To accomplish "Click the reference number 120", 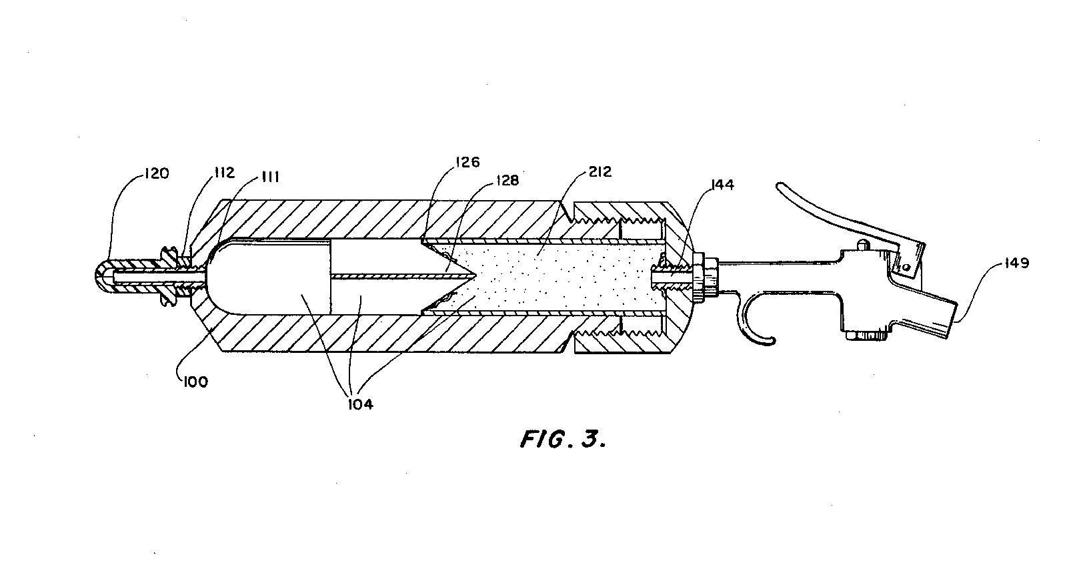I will pyautogui.click(x=155, y=174).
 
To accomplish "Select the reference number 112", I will pyautogui.click(x=224, y=173).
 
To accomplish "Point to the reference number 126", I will pyautogui.click(x=468, y=162).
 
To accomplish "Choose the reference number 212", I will pyautogui.click(x=598, y=173).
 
